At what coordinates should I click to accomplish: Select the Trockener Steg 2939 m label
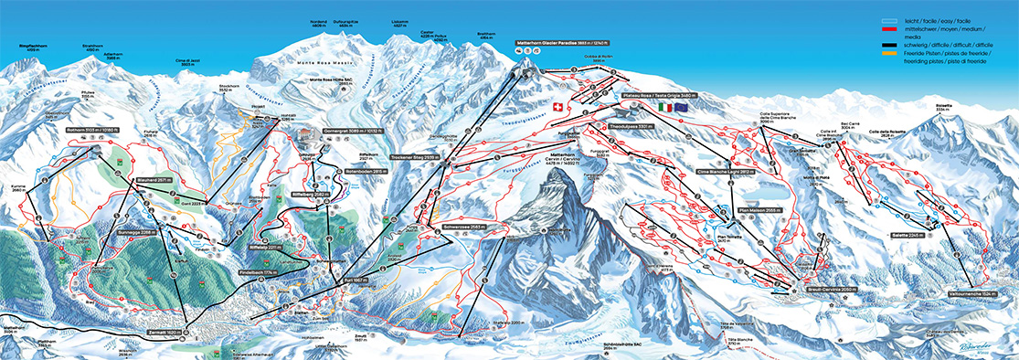tap(415, 157)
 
